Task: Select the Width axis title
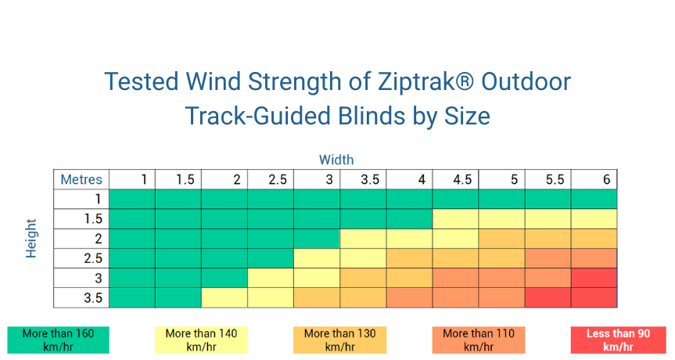(x=336, y=160)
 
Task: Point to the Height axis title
(x=31, y=238)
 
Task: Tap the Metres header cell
(x=81, y=179)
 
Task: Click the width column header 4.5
(x=462, y=179)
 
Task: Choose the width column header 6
(x=606, y=179)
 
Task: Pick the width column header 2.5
(x=278, y=179)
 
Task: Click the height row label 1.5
(x=93, y=219)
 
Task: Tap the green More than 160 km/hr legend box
(x=58, y=340)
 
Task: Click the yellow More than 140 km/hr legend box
(x=202, y=340)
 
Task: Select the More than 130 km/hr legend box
(x=339, y=340)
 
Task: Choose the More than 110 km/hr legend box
(x=479, y=340)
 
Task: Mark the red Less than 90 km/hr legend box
(x=618, y=340)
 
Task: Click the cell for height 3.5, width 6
(x=594, y=297)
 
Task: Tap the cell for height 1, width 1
(x=131, y=199)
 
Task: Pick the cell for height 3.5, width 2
(x=224, y=297)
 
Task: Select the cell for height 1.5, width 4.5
(x=455, y=219)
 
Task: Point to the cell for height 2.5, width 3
(x=317, y=258)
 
